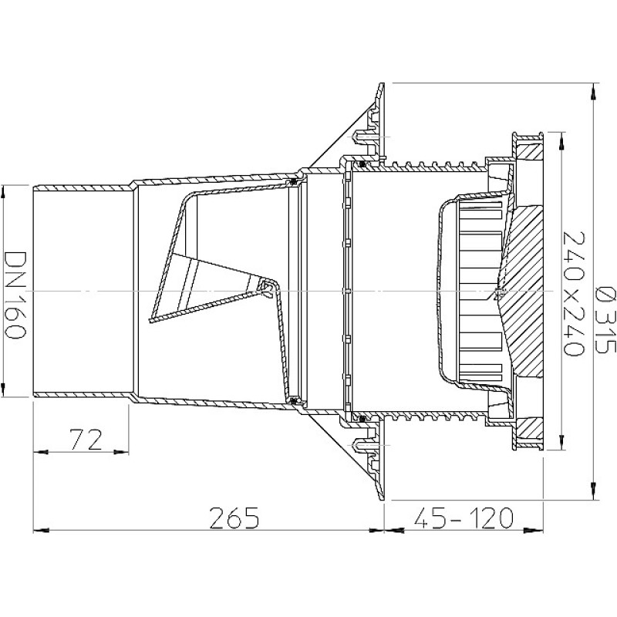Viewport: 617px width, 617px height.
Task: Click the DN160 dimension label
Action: [15, 295]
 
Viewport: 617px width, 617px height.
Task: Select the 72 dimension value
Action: [86, 440]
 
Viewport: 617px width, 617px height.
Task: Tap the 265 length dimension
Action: [234, 518]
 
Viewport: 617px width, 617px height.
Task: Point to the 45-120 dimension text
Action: [464, 518]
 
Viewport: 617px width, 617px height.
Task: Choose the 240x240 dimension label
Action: [574, 294]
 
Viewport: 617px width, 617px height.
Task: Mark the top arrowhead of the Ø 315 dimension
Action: [592, 90]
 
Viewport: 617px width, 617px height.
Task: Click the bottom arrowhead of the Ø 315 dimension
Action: [592, 492]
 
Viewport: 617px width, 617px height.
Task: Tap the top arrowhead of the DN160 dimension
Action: [3, 194]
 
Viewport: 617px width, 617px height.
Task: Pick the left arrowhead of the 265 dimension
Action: [41, 531]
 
